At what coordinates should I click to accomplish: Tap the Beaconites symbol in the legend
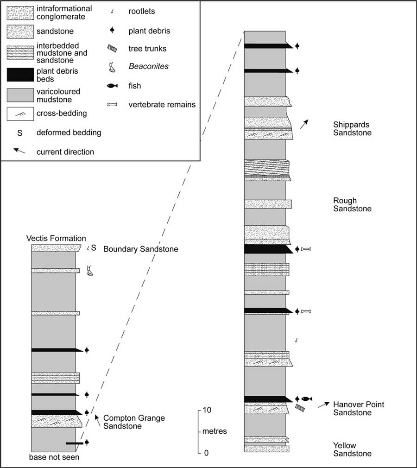click(112, 68)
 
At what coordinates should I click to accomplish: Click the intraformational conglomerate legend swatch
click(20, 13)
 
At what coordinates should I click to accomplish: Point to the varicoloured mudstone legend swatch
click(20, 95)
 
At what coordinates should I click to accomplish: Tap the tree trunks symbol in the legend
click(112, 49)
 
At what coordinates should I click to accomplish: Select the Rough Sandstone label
click(352, 205)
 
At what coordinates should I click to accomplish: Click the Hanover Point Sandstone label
click(358, 409)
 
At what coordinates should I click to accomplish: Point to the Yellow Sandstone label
click(352, 449)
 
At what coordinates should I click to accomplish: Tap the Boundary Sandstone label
click(140, 249)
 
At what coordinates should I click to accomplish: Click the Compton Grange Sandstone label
click(134, 422)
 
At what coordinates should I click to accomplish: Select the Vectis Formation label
click(56, 238)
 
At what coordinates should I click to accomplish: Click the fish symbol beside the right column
click(307, 399)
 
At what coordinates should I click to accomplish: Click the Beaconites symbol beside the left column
click(89, 271)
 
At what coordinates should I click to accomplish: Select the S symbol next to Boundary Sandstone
click(94, 248)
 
